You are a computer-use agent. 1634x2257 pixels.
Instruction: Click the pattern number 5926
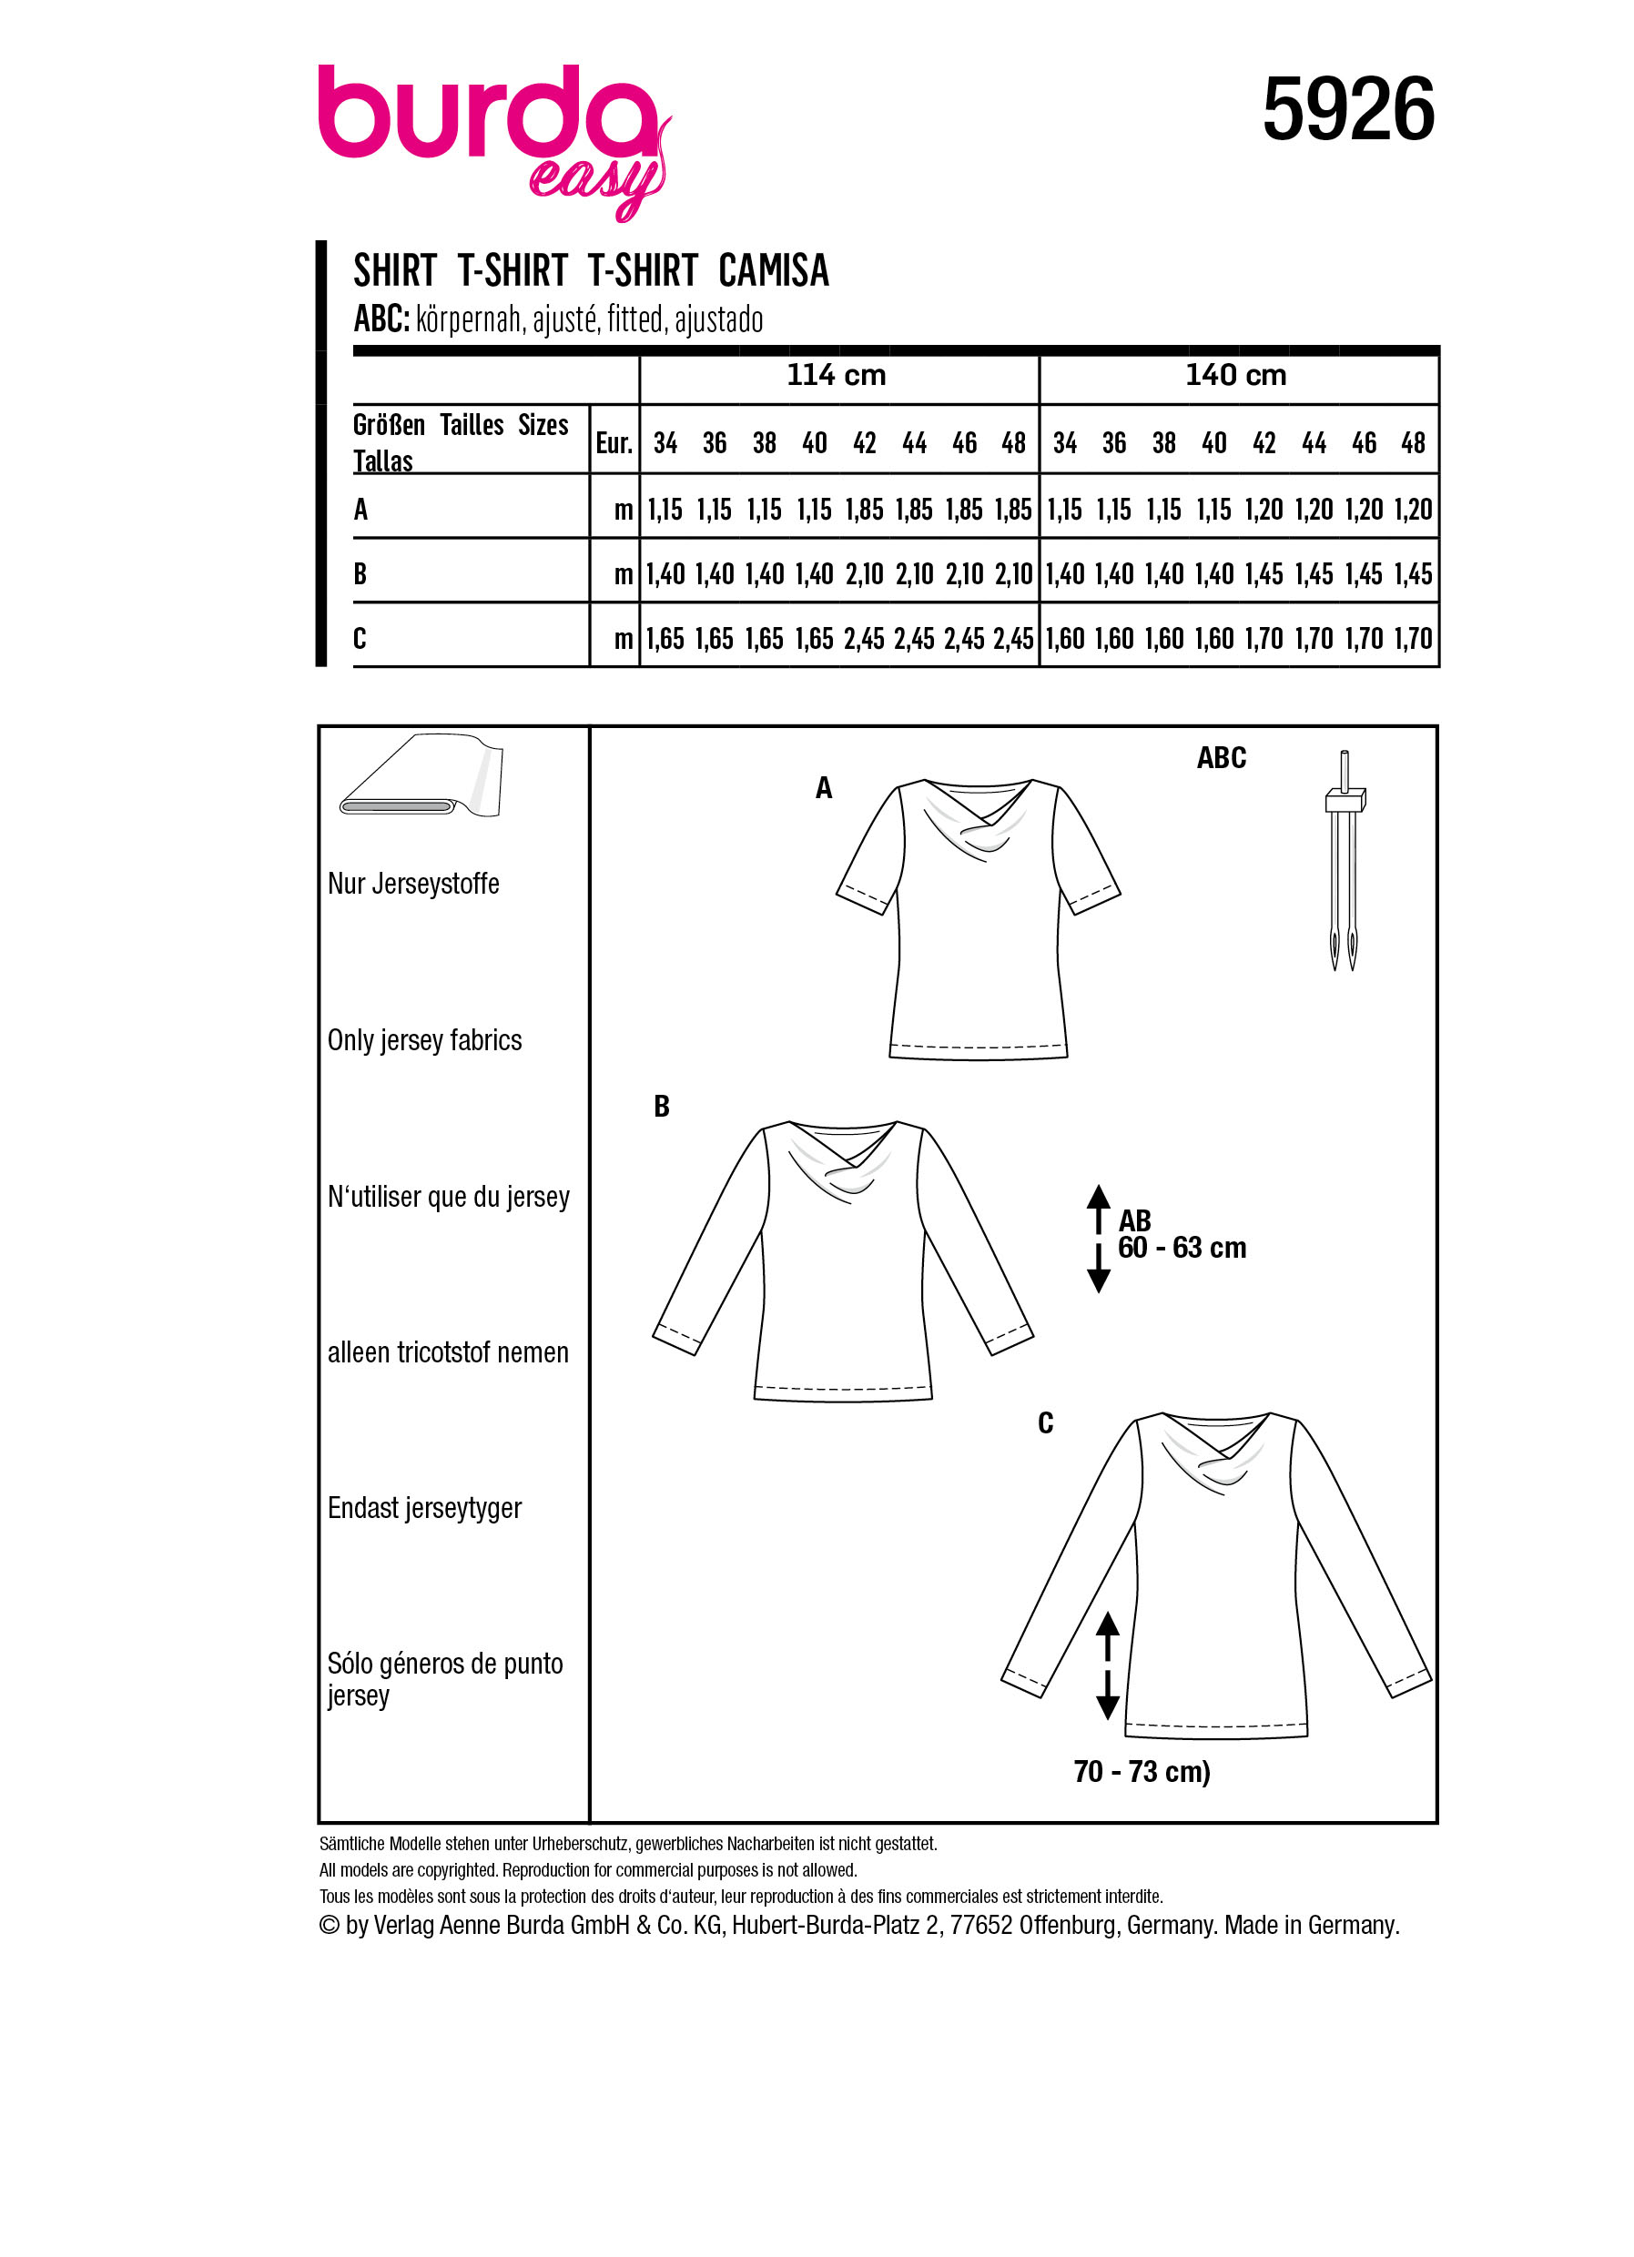coord(1347,109)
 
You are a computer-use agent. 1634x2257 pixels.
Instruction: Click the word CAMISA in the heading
coord(773,270)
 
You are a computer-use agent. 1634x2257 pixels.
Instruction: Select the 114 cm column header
coord(836,375)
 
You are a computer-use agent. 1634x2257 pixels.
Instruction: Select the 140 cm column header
coord(1235,375)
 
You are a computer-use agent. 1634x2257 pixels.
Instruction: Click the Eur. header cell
coord(614,443)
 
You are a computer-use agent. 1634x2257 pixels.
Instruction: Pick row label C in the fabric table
coord(360,638)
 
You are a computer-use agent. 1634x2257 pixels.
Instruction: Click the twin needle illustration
coord(1344,862)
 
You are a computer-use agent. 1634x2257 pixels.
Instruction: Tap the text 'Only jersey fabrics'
coord(424,1040)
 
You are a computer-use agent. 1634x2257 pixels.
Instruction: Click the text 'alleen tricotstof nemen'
coord(448,1352)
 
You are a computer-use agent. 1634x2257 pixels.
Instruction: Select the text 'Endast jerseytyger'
coord(424,1508)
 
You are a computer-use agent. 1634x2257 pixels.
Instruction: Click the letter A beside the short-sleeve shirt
coord(824,788)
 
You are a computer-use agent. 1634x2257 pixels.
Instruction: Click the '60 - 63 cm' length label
coord(1182,1248)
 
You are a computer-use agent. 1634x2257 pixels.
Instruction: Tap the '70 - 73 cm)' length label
coord(1142,1771)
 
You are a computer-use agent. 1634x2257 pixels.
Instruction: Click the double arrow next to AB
coord(1098,1238)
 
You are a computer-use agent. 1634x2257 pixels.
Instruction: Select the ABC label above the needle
coord(1221,757)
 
